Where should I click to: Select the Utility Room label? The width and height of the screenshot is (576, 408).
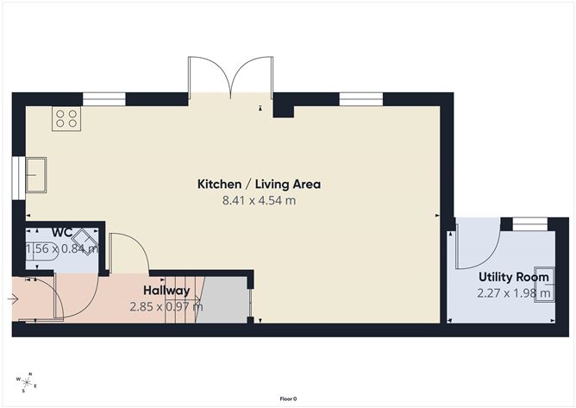tap(514, 277)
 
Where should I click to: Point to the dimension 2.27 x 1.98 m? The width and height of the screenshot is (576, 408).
tap(514, 293)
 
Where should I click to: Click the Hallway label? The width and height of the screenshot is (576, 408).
tap(166, 291)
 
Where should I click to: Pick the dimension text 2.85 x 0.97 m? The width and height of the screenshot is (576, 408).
tap(166, 306)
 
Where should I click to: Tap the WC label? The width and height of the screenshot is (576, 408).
tap(61, 232)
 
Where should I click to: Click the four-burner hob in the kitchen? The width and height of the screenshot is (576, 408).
tap(66, 118)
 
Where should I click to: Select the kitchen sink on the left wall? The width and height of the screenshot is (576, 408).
tap(37, 175)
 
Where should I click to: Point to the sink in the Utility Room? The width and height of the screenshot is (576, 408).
tap(543, 277)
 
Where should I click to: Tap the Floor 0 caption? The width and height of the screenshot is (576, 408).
tap(288, 399)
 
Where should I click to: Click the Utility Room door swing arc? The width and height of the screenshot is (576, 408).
tap(479, 246)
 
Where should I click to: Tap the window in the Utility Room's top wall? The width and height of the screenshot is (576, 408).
tap(529, 225)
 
